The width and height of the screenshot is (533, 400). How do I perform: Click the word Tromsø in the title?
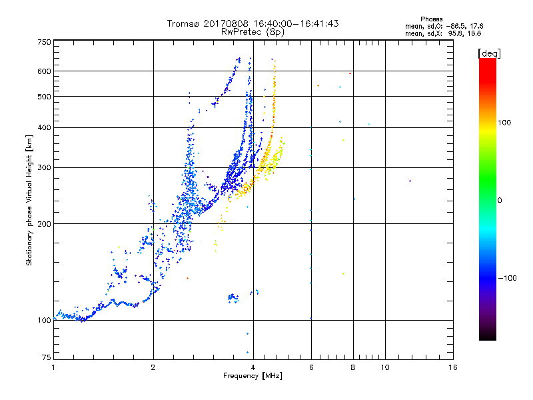[184, 23]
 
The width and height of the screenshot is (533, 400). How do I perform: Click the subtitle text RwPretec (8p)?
[253, 32]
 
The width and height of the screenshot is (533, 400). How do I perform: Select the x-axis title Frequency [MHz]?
[253, 376]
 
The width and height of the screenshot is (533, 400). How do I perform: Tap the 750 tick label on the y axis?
[45, 42]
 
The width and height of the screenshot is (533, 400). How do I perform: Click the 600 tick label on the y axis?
[45, 71]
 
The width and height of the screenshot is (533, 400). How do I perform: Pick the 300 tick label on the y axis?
[45, 167]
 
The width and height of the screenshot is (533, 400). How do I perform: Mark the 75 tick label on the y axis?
[47, 357]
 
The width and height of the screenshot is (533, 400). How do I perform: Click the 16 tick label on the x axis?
[453, 367]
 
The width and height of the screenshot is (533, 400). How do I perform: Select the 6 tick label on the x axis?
[311, 367]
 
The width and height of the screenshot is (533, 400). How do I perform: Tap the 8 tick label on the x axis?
[353, 367]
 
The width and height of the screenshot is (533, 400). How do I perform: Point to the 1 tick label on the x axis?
[53, 367]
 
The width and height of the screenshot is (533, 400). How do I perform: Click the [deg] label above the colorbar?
[489, 53]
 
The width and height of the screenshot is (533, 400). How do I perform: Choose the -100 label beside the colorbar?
[507, 278]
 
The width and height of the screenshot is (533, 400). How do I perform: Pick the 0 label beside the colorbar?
[500, 200]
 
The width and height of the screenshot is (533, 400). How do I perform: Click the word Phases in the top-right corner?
[431, 19]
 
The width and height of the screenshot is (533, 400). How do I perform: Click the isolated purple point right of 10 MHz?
[410, 181]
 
